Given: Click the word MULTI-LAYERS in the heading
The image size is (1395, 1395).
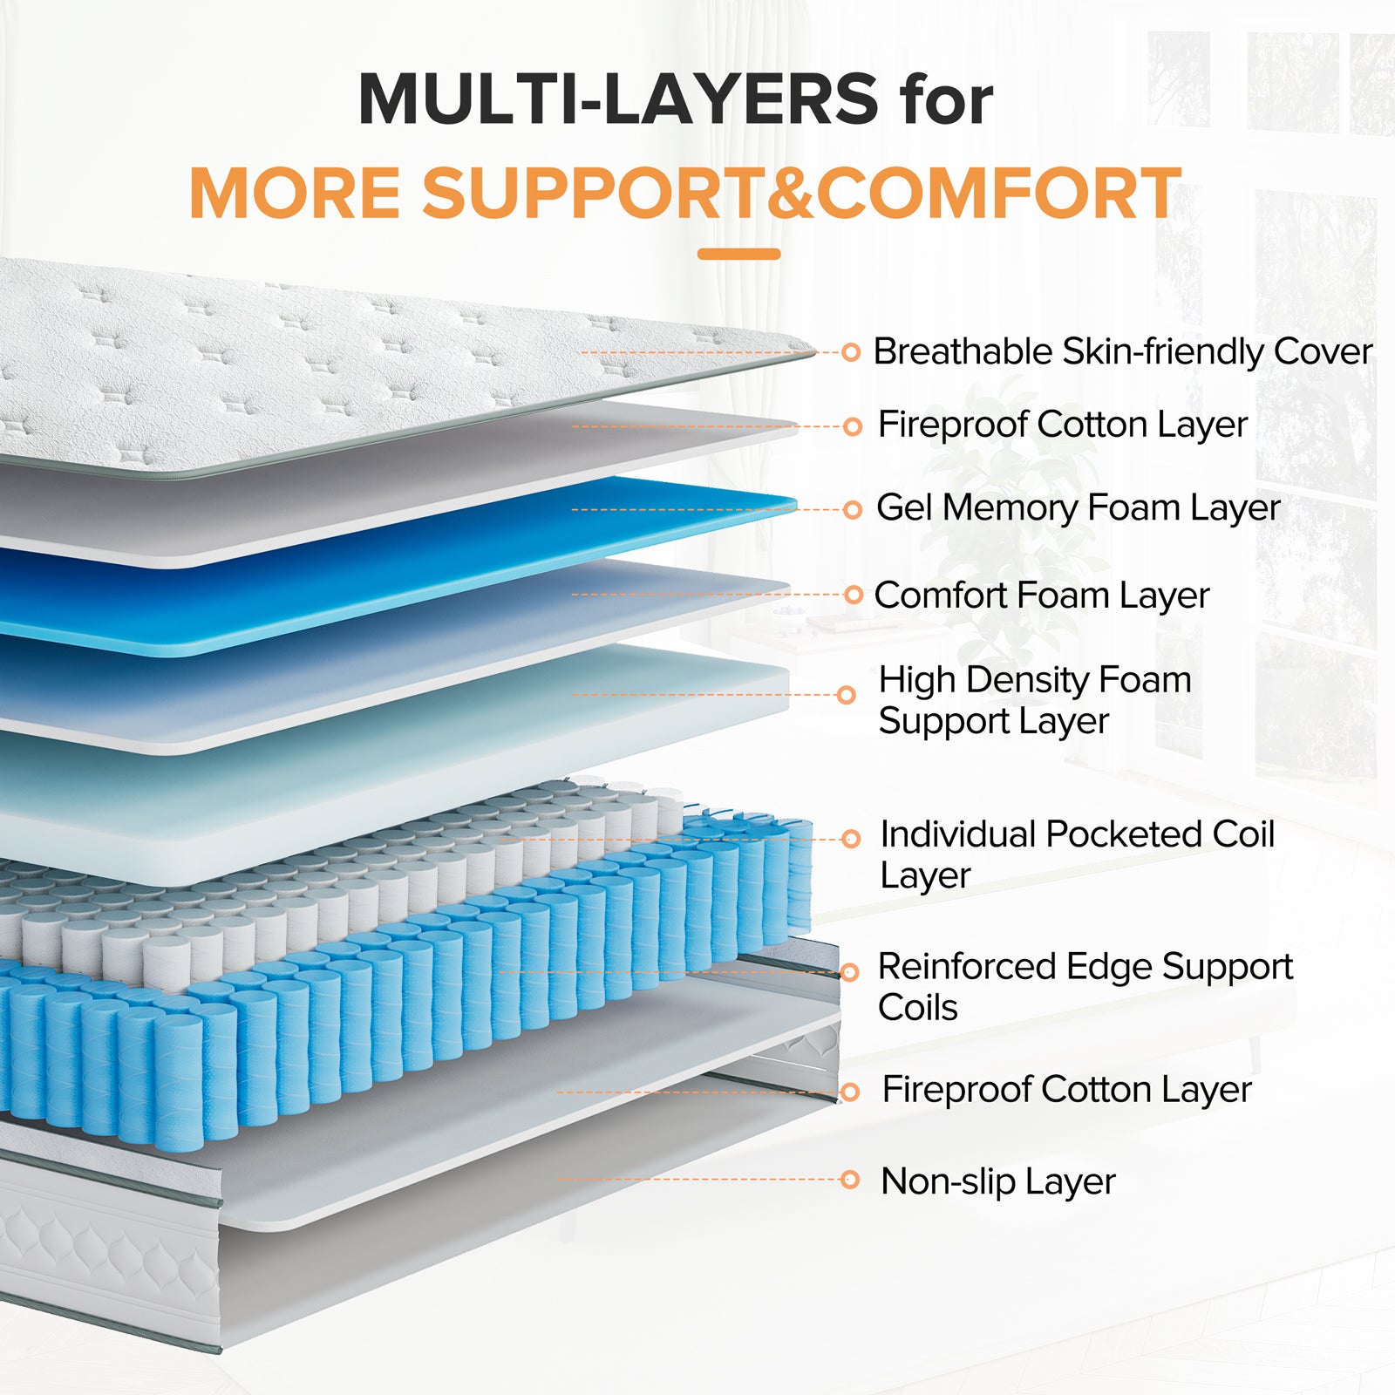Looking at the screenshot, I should click(617, 99).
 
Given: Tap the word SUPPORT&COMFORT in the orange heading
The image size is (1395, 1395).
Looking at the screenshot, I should click(801, 193).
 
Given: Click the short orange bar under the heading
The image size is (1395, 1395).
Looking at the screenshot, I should click(738, 254).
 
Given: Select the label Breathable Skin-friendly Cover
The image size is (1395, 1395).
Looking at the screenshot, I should click(1122, 352).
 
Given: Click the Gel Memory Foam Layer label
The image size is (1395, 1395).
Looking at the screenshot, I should click(1078, 507).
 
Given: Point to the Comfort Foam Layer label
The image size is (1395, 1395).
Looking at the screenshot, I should click(1041, 595).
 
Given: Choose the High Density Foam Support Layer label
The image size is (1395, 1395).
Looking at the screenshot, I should click(1034, 700).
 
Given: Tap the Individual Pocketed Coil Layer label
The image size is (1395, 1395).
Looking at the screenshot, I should click(1076, 854).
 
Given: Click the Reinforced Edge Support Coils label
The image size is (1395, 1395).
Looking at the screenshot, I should click(1085, 986).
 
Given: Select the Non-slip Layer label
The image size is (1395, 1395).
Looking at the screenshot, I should click(997, 1181).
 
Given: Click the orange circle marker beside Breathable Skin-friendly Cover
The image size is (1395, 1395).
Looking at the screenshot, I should click(851, 353).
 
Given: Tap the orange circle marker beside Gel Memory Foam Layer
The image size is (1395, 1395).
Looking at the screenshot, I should click(853, 509).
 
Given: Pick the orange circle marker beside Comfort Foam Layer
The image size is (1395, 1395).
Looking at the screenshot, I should click(854, 595).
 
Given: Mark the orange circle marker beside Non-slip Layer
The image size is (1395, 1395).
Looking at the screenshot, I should click(850, 1180).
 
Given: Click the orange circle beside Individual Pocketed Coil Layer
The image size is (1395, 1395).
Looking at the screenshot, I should click(851, 839).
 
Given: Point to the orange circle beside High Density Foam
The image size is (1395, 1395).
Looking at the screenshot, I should click(846, 695).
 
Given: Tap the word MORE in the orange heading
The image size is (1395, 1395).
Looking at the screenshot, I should click(295, 193).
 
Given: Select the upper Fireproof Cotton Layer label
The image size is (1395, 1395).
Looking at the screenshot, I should click(1062, 425).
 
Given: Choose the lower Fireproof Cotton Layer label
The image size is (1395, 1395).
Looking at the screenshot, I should click(1066, 1090).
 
